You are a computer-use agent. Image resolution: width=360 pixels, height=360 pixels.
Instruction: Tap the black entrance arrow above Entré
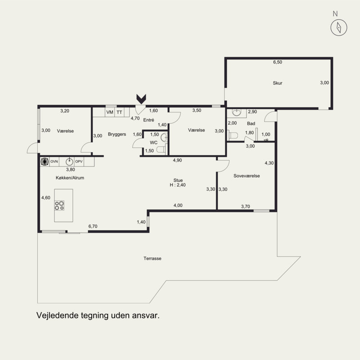(141, 99)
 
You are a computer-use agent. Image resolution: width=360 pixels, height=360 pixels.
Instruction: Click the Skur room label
(277, 83)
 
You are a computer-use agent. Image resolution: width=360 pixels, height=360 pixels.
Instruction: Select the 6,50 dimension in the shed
(277, 62)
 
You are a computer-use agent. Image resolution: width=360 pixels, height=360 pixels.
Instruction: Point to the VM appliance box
(110, 112)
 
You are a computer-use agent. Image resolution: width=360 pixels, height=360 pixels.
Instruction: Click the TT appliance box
(119, 112)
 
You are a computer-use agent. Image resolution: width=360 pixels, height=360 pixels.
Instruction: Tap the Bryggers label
(117, 134)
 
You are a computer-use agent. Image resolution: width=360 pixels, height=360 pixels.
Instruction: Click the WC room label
(153, 143)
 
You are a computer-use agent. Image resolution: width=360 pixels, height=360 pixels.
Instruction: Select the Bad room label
(251, 123)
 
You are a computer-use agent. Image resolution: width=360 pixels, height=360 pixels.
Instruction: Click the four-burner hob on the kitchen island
(59, 206)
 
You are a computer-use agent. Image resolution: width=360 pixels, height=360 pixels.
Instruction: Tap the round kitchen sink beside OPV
(69, 162)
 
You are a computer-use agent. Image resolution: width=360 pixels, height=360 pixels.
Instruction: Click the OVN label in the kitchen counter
(54, 162)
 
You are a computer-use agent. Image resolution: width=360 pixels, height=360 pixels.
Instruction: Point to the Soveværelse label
(247, 176)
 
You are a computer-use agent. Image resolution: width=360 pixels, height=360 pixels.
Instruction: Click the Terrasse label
(153, 258)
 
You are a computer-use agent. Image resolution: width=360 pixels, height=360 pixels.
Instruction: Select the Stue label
(178, 180)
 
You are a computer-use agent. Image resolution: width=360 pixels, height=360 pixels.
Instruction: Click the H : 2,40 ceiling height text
(178, 185)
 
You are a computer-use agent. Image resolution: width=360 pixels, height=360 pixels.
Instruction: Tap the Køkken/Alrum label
(70, 178)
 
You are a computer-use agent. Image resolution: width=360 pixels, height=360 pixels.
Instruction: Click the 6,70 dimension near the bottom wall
(93, 226)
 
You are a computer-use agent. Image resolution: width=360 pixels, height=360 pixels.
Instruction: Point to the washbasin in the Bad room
(236, 112)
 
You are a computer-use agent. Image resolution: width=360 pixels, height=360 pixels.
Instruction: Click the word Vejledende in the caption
(57, 315)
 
